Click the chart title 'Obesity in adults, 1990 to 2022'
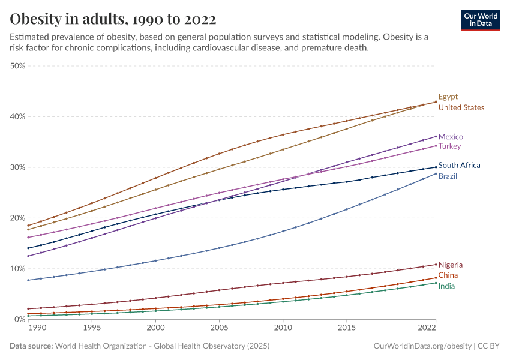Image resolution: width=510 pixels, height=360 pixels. click(113, 19)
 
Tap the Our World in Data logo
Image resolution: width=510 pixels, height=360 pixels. click(480, 19)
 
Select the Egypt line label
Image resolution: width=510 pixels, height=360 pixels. click(448, 97)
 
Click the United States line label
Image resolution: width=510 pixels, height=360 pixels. click(461, 108)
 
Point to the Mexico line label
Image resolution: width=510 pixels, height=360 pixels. click(451, 137)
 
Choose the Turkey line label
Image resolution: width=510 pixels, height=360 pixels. click(449, 146)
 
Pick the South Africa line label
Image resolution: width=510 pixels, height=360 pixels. click(459, 166)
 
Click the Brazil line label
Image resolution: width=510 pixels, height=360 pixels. click(448, 176)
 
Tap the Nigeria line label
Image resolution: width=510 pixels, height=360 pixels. click(451, 265)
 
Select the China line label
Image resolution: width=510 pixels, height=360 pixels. click(448, 275)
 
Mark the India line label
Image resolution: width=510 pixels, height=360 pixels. click(446, 286)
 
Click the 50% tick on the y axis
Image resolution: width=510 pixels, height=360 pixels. click(17, 66)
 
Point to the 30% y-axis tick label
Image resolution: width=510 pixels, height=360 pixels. click(17, 167)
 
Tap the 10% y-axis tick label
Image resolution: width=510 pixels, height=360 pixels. click(17, 269)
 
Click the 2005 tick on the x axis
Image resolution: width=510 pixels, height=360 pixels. click(219, 329)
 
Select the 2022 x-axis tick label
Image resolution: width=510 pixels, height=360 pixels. click(427, 329)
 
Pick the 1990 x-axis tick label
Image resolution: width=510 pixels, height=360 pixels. click(37, 329)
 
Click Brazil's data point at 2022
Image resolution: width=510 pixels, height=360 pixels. click(436, 173)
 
